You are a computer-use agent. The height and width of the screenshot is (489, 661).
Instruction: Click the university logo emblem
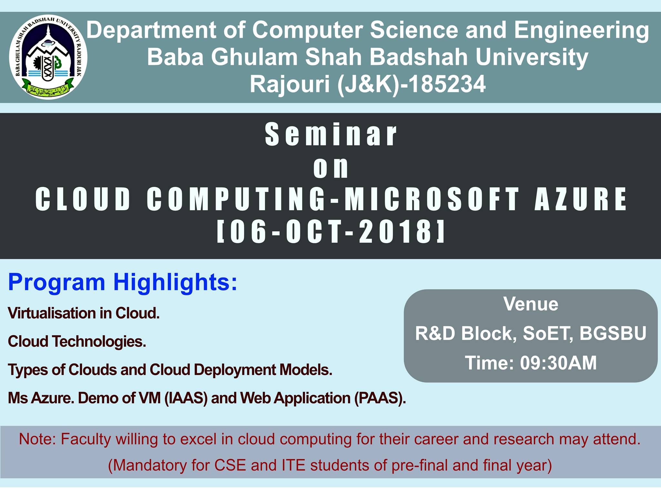pos(48,57)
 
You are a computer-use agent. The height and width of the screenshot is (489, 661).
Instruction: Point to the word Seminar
pos(331,134)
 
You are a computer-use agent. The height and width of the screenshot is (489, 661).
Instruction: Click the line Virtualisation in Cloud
pos(84,313)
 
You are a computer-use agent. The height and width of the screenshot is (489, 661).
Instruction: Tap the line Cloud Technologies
pos(77,341)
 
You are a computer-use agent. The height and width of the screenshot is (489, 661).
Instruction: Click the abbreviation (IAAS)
pos(186,398)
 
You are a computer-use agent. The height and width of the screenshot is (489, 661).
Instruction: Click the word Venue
pos(531,304)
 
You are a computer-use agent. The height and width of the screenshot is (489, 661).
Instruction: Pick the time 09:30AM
pos(558,363)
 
